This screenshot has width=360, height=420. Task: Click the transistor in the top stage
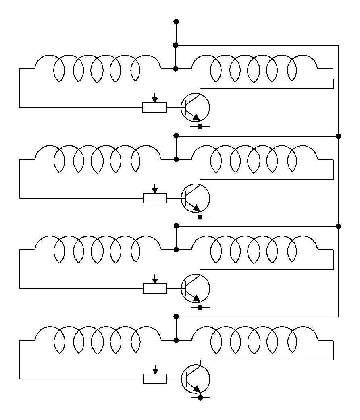point(195,107)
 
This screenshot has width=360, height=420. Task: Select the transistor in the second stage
point(195,198)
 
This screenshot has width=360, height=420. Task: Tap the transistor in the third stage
point(195,288)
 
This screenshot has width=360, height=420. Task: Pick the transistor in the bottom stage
point(195,379)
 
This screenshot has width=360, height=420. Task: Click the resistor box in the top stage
point(154,108)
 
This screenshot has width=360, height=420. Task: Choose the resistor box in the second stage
point(155,198)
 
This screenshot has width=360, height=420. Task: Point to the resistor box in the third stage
point(155,288)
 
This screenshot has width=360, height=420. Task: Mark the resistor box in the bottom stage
point(155,379)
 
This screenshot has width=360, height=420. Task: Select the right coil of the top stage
point(254,68)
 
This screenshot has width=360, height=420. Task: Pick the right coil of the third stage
point(254,250)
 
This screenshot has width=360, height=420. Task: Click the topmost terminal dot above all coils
point(176,21)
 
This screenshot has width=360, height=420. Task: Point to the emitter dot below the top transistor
point(200,126)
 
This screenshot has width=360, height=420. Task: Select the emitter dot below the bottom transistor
point(200,398)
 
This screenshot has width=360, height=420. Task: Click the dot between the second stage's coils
point(176,159)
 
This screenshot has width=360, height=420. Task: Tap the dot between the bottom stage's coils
point(176,340)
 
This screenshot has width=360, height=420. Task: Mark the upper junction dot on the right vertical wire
point(338,136)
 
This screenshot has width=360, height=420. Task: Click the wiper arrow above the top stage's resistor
point(154,98)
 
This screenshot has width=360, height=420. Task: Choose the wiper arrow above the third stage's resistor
point(155,279)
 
